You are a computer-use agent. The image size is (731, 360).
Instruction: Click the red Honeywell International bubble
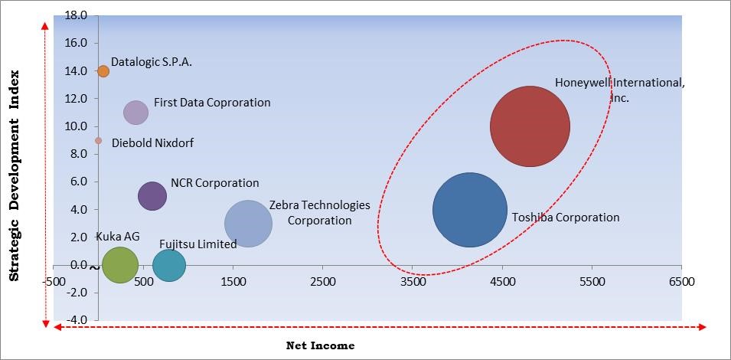tap(530, 126)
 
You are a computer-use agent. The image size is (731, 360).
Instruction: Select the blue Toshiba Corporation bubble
tap(470, 210)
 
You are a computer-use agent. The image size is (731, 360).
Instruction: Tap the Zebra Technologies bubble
tap(248, 224)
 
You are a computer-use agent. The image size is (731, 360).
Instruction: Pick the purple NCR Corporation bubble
tap(152, 195)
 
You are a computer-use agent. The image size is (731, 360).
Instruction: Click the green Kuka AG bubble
tap(119, 266)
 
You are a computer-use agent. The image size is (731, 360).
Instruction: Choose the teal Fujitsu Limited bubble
tap(169, 266)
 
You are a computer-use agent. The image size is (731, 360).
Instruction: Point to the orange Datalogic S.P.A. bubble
tap(103, 71)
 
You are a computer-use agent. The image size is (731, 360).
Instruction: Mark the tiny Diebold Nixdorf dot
tap(98, 141)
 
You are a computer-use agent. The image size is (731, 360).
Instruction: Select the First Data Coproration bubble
tap(135, 113)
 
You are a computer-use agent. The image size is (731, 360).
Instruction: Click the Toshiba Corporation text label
tap(566, 218)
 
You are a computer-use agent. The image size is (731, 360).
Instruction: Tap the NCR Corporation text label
tap(215, 183)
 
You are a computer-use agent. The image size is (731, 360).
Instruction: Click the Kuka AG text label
tap(118, 237)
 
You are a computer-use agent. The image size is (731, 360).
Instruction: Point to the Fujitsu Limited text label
tap(197, 244)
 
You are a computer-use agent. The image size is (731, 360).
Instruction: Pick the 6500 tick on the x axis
tap(681, 281)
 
